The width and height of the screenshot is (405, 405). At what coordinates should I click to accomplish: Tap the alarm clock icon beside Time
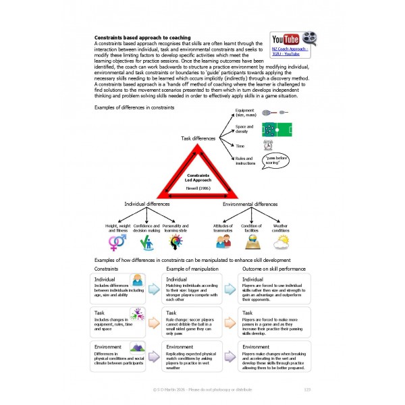pyautogui.click(x=267, y=144)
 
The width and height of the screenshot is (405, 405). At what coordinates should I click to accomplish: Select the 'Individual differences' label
pyautogui.click(x=147, y=204)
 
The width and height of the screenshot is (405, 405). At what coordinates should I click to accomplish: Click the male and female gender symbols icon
pyautogui.click(x=117, y=242)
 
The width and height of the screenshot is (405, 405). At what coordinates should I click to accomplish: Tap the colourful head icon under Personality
pyautogui.click(x=174, y=241)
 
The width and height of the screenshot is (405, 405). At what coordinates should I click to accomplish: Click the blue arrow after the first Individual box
pyautogui.click(x=153, y=288)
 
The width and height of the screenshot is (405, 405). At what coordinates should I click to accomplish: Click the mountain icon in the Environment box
pyautogui.click(x=137, y=348)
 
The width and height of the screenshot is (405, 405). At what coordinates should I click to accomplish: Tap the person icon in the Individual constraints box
pyautogui.click(x=137, y=280)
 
